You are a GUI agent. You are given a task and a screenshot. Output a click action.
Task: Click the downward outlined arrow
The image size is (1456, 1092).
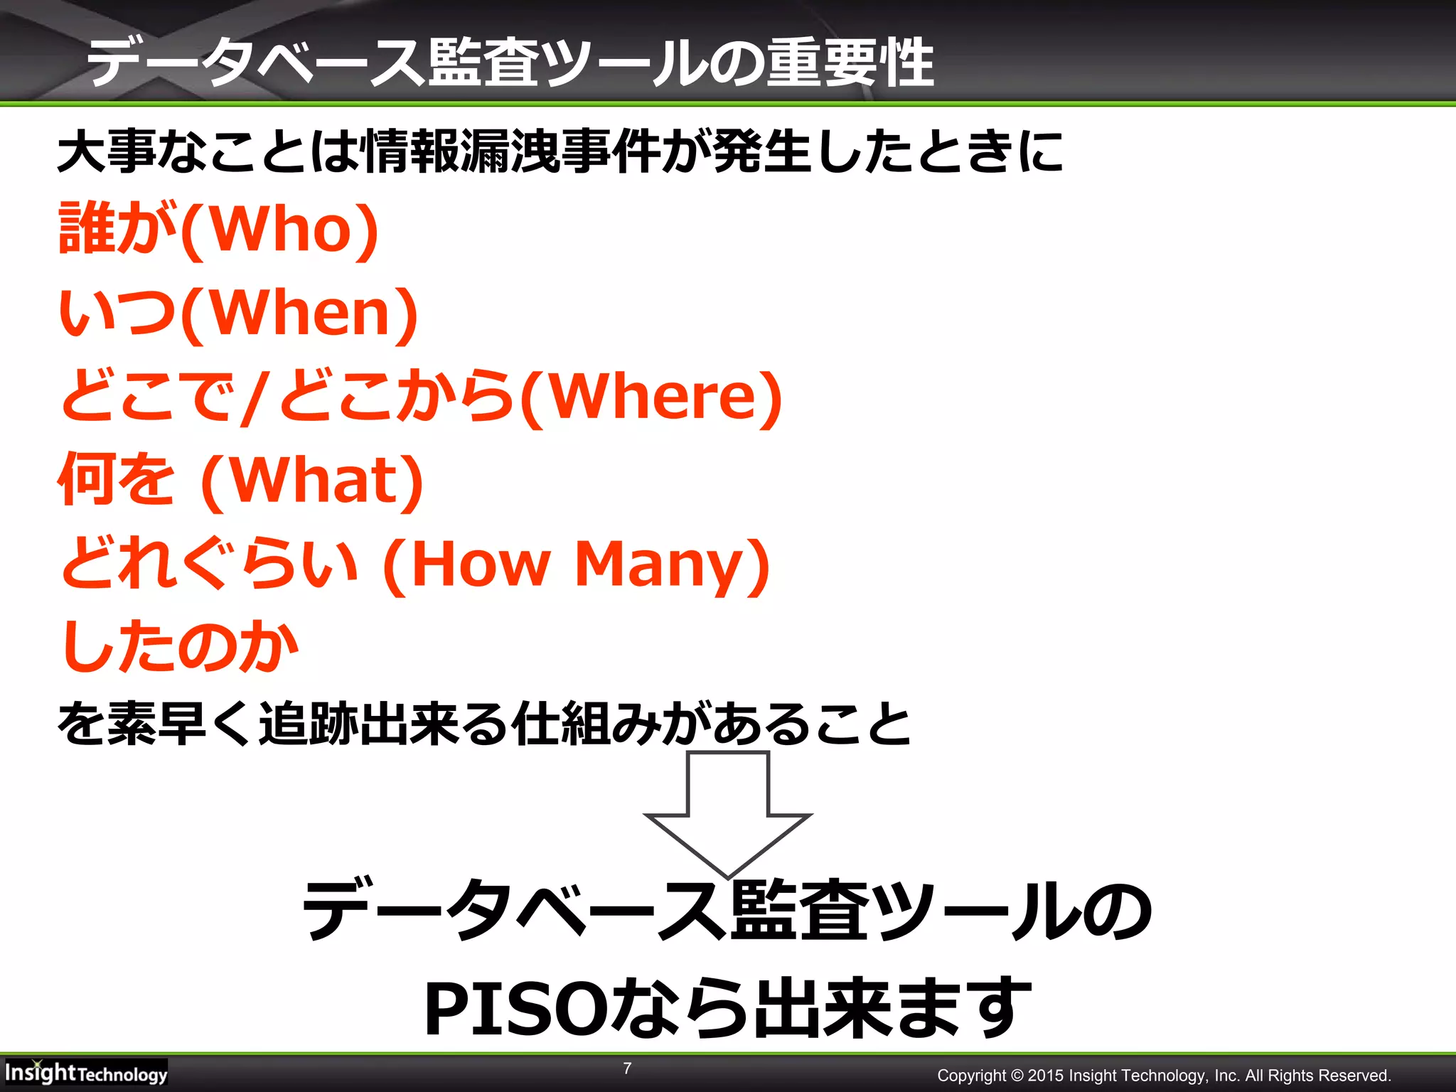(727, 814)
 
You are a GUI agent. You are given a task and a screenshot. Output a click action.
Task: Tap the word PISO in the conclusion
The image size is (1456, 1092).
(513, 1008)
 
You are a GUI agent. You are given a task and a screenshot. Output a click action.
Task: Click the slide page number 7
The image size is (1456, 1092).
(627, 1068)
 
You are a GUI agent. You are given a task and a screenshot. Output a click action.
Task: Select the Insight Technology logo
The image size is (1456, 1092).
(85, 1072)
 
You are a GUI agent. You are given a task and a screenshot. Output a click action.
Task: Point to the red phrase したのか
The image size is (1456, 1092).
(180, 646)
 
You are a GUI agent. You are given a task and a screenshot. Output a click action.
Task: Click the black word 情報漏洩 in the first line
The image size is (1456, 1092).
(459, 152)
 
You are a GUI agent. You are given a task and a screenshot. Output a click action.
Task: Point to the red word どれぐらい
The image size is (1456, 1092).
(209, 564)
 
